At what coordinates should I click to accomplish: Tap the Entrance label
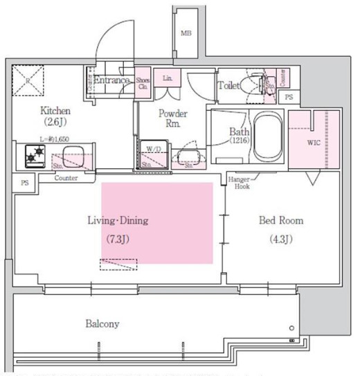tap(112, 80)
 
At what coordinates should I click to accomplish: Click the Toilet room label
tap(228, 86)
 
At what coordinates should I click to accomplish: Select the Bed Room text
tap(280, 220)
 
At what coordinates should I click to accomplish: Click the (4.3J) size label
tap(280, 240)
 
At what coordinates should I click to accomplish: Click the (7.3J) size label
tap(118, 240)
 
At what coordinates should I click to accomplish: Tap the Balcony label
tap(102, 323)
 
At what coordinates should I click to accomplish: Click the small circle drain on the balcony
tap(291, 328)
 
